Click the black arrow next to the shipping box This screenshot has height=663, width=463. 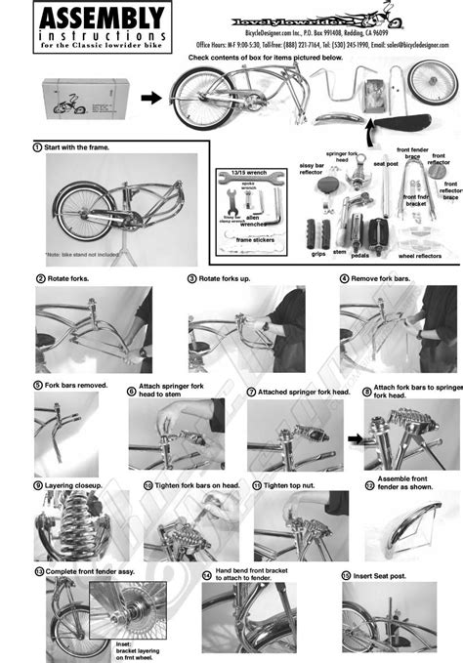(148, 98)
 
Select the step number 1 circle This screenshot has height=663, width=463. (37, 146)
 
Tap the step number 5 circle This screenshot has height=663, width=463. (38, 385)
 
